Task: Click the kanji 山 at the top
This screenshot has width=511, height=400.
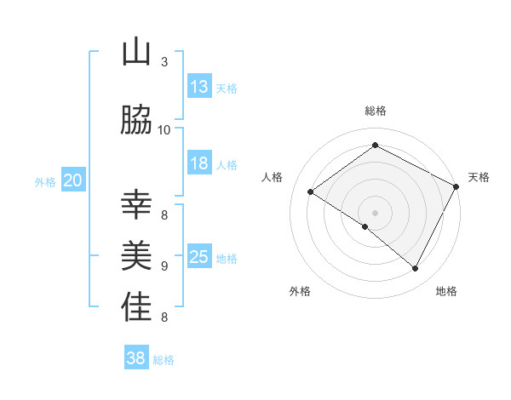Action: pos(136,52)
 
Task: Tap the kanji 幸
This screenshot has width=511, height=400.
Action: pos(136,205)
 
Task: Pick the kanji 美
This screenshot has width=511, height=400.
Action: pos(136,256)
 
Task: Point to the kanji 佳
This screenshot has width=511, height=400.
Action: pos(136,307)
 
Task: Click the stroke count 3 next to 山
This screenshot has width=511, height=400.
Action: pos(164,62)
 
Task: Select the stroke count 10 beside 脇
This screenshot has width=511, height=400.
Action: pos(164,129)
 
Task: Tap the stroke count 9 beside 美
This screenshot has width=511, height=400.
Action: pos(164,266)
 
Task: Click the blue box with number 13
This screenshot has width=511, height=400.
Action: pos(199,86)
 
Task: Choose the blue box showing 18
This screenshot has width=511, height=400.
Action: pos(199,163)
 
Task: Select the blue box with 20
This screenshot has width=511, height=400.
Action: pos(73,180)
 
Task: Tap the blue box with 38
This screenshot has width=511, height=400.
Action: pos(136,358)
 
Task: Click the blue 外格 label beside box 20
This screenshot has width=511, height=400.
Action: pos(45,181)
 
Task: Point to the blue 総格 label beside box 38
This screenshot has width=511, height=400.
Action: pos(164,360)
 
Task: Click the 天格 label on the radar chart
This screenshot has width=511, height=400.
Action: pos(479,177)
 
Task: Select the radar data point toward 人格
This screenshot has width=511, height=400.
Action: pos(311,192)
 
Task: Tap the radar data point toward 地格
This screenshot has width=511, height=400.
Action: pos(416,268)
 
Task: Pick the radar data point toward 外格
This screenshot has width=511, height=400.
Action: pos(365,226)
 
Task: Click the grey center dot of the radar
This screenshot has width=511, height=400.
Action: pos(375,212)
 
